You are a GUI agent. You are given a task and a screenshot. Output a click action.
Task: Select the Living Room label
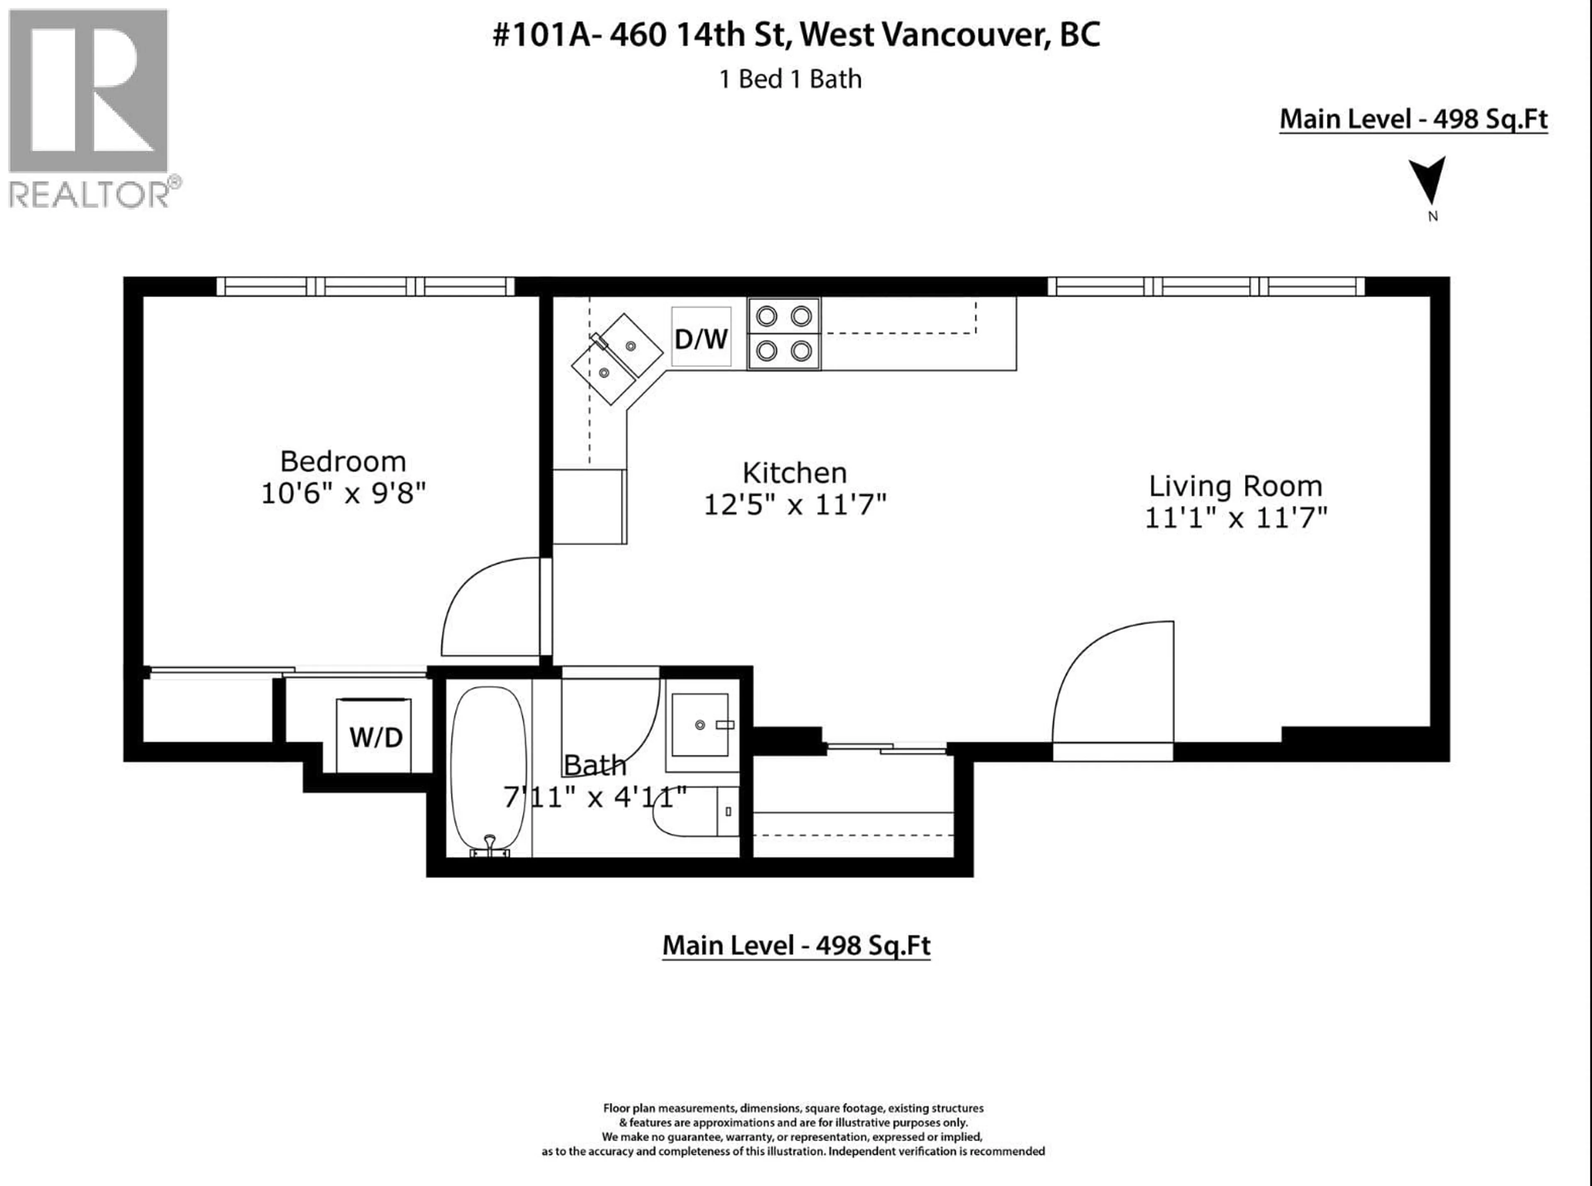click(x=1235, y=486)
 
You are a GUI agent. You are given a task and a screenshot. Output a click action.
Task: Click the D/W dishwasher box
click(x=701, y=337)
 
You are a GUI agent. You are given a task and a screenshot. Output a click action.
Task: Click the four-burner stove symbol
click(x=784, y=334)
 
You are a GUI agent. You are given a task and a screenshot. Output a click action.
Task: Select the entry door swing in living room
click(x=1112, y=682)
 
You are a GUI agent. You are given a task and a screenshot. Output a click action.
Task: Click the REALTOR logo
click(x=90, y=108)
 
